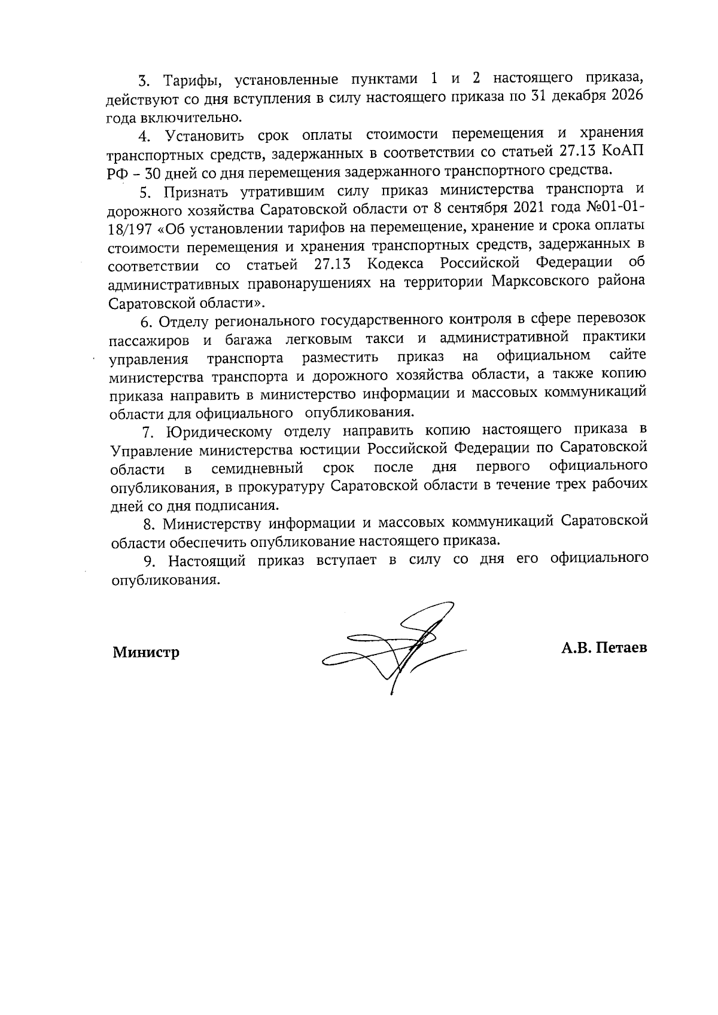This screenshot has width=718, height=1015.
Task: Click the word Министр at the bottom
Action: [146, 652]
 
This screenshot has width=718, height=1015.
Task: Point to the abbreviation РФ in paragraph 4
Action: [117, 172]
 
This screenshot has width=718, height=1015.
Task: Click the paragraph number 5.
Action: [144, 192]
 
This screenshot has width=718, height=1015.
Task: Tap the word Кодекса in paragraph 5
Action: [396, 263]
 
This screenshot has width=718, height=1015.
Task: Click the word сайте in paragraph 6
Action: [628, 356]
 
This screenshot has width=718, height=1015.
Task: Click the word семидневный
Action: [257, 467]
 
